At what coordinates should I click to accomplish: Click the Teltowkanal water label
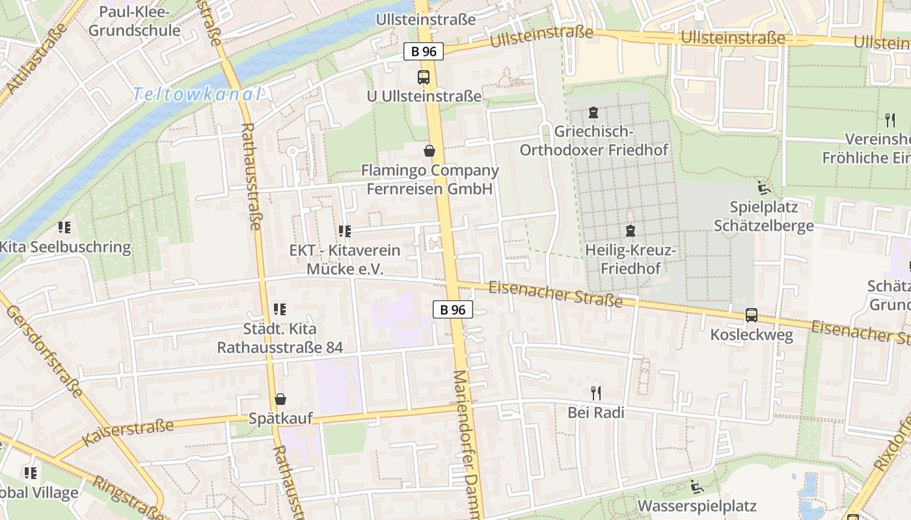197,95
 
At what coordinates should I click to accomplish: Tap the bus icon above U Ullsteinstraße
424,77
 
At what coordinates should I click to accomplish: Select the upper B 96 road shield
424,52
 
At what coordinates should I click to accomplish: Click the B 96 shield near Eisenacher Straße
453,309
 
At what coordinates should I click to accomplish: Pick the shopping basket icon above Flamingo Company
429,151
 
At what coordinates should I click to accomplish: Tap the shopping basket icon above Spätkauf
280,399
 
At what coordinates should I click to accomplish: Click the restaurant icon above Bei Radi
595,393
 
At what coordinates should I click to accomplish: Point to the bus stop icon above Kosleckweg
752,315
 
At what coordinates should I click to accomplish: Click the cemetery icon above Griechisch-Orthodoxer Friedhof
593,112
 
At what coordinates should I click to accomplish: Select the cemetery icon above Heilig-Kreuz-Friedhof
630,231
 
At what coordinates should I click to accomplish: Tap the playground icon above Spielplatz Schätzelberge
764,188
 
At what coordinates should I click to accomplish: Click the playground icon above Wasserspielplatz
697,487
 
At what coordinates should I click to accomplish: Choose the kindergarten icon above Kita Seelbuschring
64,227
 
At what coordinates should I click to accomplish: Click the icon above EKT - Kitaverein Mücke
345,231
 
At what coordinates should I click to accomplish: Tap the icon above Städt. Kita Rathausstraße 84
280,309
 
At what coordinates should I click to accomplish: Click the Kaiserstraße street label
129,432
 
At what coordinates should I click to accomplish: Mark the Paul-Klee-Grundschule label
135,21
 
